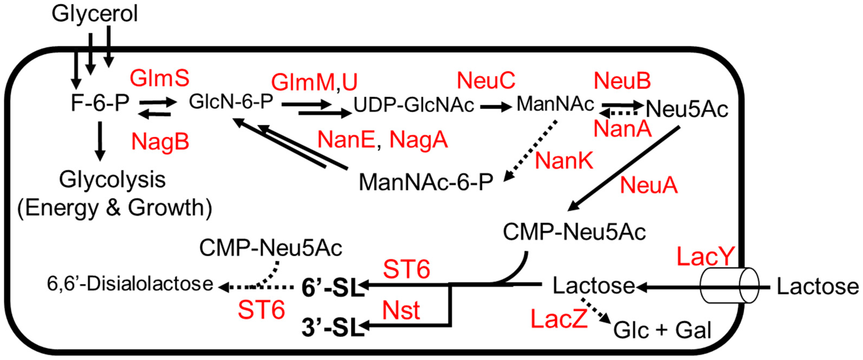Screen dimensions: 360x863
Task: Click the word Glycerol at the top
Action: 95,14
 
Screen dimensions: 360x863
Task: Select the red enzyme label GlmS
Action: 160,78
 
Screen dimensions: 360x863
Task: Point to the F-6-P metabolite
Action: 100,103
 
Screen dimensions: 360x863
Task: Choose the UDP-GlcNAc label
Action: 414,105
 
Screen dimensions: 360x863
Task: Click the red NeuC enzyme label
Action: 486,81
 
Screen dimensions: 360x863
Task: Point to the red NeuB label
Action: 622,81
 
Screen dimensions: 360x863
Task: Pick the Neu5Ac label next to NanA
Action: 687,109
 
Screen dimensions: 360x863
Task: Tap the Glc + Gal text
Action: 662,330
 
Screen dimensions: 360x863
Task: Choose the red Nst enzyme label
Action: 401,310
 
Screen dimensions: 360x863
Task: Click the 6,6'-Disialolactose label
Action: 130,284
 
